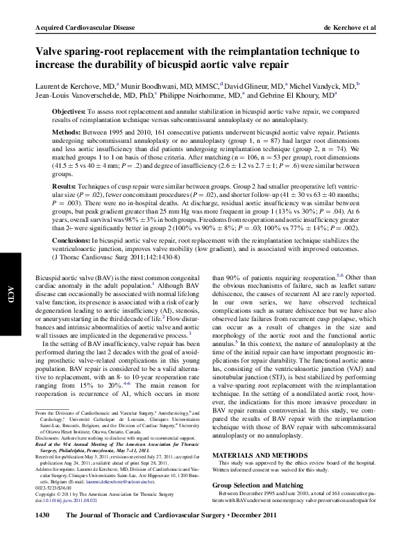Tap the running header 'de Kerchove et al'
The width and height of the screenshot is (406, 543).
355,27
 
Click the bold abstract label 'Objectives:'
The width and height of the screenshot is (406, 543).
69,112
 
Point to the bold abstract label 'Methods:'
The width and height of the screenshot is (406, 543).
67,130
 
